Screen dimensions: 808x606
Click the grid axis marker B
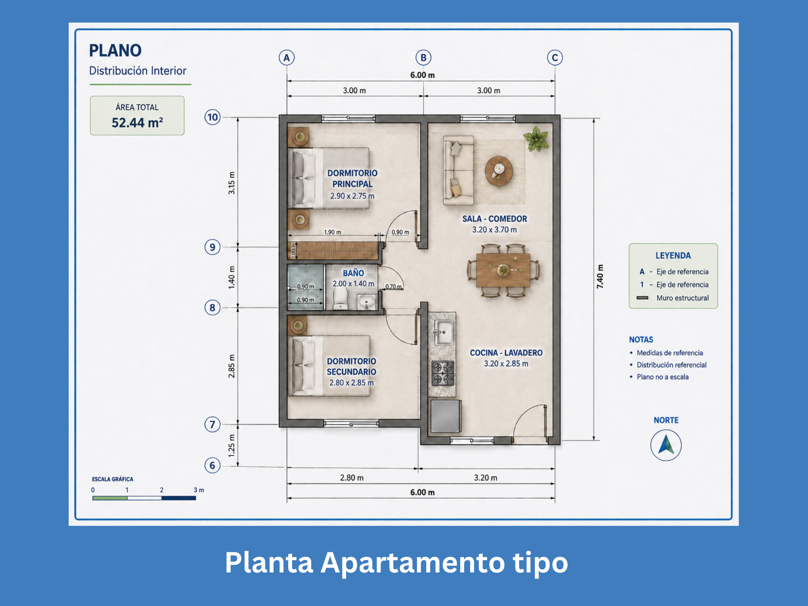(x=423, y=58)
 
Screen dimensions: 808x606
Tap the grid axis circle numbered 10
(x=213, y=118)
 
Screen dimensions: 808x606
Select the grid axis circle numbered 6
(x=213, y=465)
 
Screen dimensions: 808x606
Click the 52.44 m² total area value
(x=137, y=122)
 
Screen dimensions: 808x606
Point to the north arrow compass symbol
(x=666, y=445)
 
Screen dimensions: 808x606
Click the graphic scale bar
(x=144, y=498)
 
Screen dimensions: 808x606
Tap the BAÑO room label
(x=353, y=273)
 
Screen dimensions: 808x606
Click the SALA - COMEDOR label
(x=494, y=219)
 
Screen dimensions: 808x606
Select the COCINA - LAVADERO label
(x=506, y=353)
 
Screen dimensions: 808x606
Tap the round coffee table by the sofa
(x=499, y=170)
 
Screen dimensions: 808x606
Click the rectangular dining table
(x=503, y=270)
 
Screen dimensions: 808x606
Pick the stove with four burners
(x=443, y=373)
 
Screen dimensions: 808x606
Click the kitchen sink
(x=444, y=332)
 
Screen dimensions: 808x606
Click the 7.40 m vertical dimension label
(x=600, y=277)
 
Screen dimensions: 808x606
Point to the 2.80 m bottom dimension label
(x=351, y=478)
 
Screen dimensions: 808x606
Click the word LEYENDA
(x=673, y=256)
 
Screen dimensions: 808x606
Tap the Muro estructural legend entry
(x=673, y=298)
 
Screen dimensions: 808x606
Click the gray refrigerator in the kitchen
(x=446, y=416)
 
